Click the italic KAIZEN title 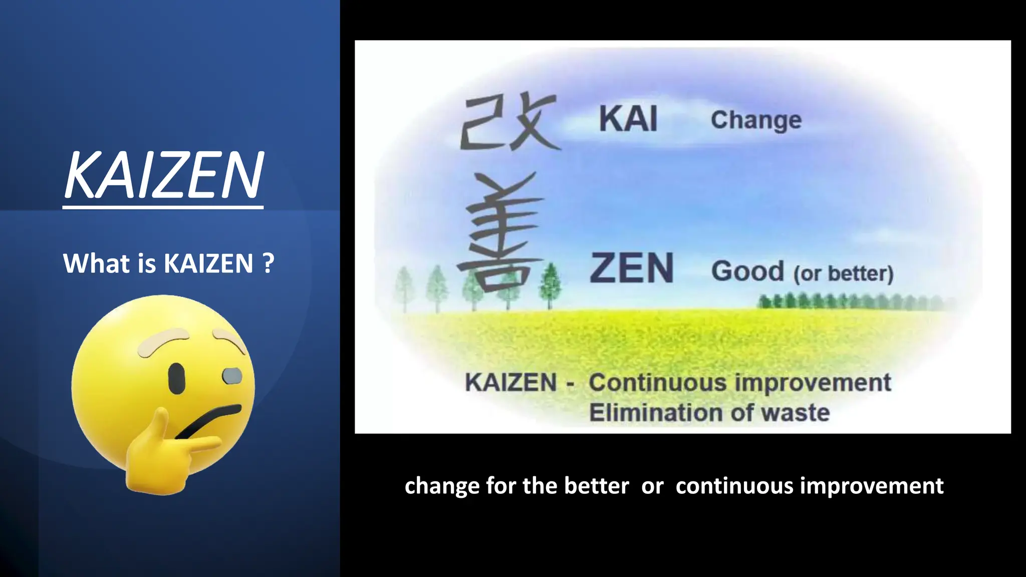click(x=163, y=175)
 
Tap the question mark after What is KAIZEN click(x=268, y=263)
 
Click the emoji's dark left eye click(x=176, y=378)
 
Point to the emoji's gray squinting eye click(x=232, y=376)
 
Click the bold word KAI click(x=628, y=120)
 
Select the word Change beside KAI click(x=756, y=120)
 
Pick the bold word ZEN click(x=631, y=268)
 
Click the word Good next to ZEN click(x=747, y=271)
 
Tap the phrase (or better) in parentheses click(x=843, y=273)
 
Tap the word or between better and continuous click(x=652, y=486)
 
